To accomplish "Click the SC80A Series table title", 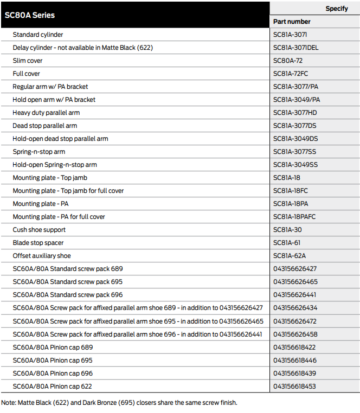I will pyautogui.click(x=30, y=15).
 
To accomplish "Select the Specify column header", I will pyautogui.click(x=336, y=9).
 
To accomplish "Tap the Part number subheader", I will pyautogui.click(x=292, y=22).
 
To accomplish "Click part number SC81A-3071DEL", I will pyautogui.click(x=296, y=48).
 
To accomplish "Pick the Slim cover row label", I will pyautogui.click(x=28, y=61).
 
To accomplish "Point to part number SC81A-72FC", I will pyautogui.click(x=291, y=74).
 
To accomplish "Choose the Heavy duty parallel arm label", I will pyautogui.click(x=46, y=113).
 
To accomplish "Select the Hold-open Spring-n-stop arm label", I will pyautogui.click(x=55, y=165).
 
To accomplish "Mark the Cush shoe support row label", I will pyautogui.click(x=39, y=230).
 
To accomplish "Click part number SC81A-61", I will pyautogui.click(x=287, y=243).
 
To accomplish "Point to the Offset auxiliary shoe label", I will pyautogui.click(x=42, y=256).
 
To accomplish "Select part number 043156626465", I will pyautogui.click(x=295, y=282).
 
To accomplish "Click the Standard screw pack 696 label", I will pyautogui.click(x=68, y=295).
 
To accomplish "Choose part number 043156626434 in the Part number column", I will pyautogui.click(x=295, y=308).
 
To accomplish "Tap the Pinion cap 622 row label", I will pyautogui.click(x=52, y=386).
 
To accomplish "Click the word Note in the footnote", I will pyautogui.click(x=9, y=403).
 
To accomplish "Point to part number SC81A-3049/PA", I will pyautogui.click(x=297, y=100).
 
